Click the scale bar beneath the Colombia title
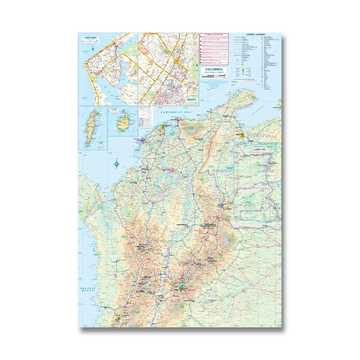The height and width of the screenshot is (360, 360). pos(214,75)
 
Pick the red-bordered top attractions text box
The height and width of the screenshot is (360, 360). pos(214,49)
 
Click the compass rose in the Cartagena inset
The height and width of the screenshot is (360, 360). pos(93,49)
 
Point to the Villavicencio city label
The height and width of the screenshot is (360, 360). pos(188,301)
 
